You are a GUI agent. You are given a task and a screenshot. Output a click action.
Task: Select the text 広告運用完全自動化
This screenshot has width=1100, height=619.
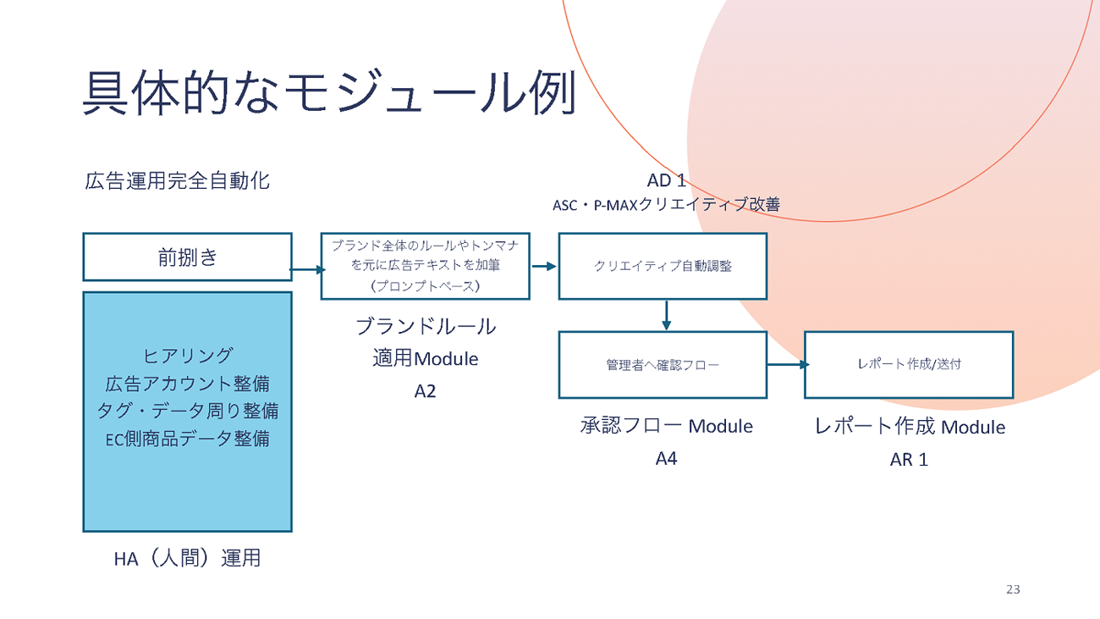[x=178, y=180]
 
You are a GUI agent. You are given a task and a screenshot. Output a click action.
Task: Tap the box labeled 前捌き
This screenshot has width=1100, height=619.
[x=187, y=257]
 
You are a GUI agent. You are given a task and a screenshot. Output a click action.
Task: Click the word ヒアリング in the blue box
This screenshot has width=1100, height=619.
[x=188, y=355]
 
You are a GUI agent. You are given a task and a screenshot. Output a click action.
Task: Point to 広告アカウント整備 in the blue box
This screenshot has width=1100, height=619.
[x=188, y=383]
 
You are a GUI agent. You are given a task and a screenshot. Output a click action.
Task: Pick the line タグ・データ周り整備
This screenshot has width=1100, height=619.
[x=188, y=411]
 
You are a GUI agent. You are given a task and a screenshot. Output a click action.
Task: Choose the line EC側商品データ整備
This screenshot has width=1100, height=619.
[x=188, y=439]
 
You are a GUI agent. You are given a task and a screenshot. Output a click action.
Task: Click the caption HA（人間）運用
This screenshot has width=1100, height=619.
[x=187, y=558]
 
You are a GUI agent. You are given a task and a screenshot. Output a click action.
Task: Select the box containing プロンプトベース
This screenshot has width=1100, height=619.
[x=425, y=266]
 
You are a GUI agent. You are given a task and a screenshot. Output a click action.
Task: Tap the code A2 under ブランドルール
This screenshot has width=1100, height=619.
[x=425, y=391]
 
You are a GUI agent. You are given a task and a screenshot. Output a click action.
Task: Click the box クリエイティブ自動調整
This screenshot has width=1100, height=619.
[x=663, y=266]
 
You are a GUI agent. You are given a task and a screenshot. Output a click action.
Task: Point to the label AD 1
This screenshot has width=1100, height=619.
[x=666, y=180]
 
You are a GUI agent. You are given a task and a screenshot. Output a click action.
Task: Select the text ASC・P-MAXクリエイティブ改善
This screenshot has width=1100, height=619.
[x=666, y=204]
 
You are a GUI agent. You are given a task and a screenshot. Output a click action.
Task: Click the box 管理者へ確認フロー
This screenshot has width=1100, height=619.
[x=663, y=365]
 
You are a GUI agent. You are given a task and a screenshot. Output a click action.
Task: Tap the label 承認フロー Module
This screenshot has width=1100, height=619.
[x=666, y=426]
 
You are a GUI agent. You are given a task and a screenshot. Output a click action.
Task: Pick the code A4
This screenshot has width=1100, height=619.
[x=666, y=459]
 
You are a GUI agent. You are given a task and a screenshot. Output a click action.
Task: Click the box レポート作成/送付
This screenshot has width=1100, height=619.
[x=908, y=365]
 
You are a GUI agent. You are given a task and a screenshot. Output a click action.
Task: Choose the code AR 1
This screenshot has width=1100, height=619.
[x=909, y=460]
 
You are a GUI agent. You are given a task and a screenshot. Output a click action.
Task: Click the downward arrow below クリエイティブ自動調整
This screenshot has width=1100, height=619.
[x=666, y=315]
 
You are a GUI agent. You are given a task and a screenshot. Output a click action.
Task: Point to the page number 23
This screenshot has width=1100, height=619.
[x=1012, y=589]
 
